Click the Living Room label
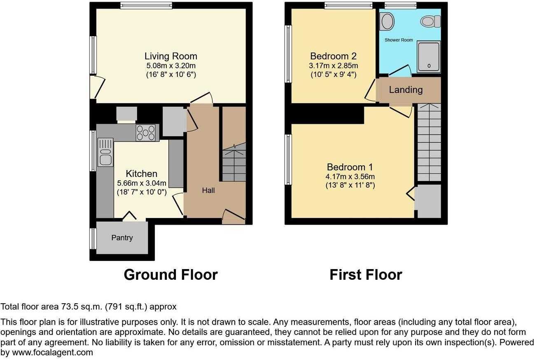[x=170, y=56]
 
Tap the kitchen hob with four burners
[x=145, y=132]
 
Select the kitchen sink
[x=105, y=153]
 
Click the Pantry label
[x=122, y=238]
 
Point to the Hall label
[x=208, y=190]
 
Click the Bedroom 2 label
[x=333, y=56]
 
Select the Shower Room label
[x=399, y=40]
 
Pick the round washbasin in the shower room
[x=387, y=21]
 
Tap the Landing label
[x=406, y=90]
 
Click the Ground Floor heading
[x=170, y=274]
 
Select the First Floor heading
[x=366, y=274]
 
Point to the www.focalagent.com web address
[x=52, y=353]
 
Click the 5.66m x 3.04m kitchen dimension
[x=142, y=183]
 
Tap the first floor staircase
[x=429, y=142]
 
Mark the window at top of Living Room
[x=146, y=5]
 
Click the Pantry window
[x=93, y=239]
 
